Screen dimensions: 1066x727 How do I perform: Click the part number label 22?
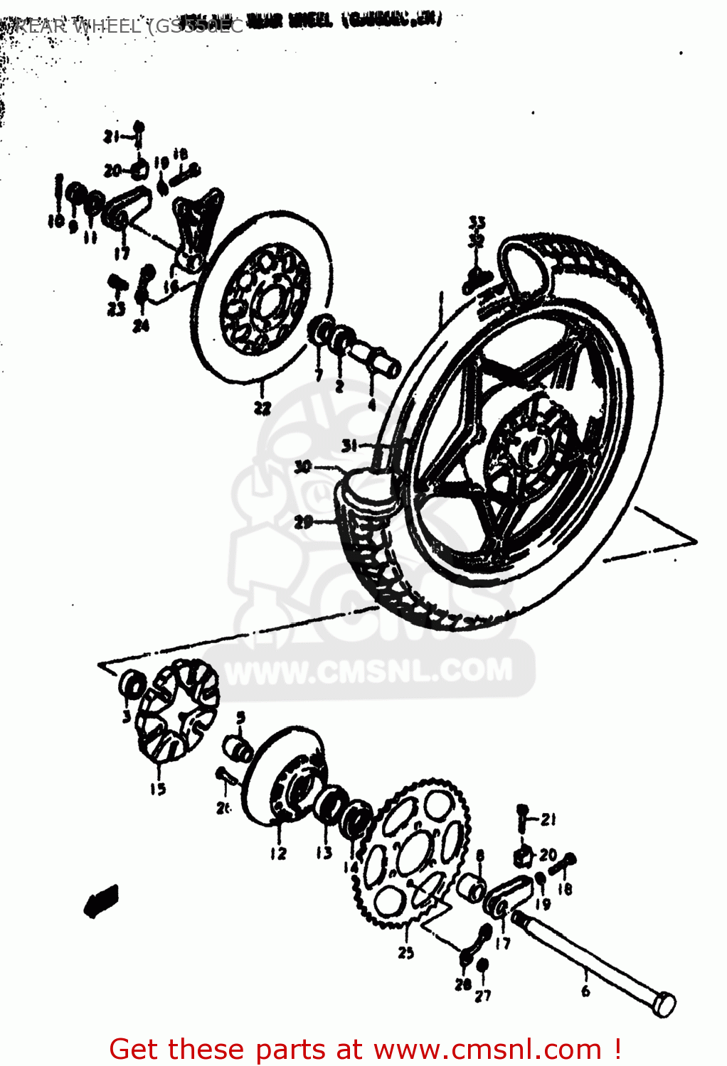(x=262, y=408)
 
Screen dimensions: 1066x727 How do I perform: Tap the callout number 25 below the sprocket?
(x=405, y=952)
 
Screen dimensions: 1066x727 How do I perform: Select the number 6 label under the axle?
(x=585, y=991)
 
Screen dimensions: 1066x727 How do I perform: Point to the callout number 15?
(x=157, y=789)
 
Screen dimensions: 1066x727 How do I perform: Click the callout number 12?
(x=278, y=854)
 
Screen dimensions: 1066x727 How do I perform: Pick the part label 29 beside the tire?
(x=304, y=522)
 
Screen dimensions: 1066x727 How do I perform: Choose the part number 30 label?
(x=303, y=467)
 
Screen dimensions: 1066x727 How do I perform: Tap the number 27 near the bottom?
(x=483, y=996)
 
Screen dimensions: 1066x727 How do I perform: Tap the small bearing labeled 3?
(x=132, y=686)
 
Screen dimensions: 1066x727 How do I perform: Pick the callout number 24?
(x=141, y=325)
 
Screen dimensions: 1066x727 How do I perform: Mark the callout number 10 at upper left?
(x=56, y=222)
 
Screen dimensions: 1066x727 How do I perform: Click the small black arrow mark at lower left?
(x=100, y=901)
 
